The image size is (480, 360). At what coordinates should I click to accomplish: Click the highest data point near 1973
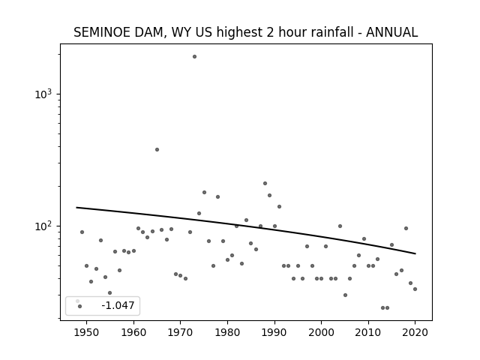click(194, 57)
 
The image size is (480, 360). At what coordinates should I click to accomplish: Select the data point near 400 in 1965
click(157, 150)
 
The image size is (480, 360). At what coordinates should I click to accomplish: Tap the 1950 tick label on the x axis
click(87, 332)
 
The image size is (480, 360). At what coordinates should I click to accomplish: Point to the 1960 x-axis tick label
click(133, 332)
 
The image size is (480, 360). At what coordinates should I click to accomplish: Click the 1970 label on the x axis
click(181, 332)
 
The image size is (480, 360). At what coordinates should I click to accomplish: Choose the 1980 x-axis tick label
click(227, 332)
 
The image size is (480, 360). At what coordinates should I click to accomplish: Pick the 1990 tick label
click(274, 332)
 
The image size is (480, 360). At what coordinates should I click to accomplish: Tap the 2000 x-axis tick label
click(322, 332)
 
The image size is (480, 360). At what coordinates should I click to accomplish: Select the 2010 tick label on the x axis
click(368, 332)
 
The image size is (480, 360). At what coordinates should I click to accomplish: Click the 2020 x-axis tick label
click(415, 332)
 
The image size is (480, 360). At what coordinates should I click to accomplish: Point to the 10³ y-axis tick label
click(43, 94)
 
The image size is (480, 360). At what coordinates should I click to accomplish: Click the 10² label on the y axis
click(43, 226)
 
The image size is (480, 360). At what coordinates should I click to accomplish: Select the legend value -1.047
click(118, 305)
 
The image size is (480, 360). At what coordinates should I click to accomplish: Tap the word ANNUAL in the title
click(391, 32)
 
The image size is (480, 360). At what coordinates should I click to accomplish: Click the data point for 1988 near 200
click(265, 183)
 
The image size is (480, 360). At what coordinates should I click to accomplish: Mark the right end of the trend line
click(415, 253)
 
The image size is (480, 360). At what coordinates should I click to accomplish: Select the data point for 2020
click(415, 289)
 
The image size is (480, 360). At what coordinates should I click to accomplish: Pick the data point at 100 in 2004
click(340, 226)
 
